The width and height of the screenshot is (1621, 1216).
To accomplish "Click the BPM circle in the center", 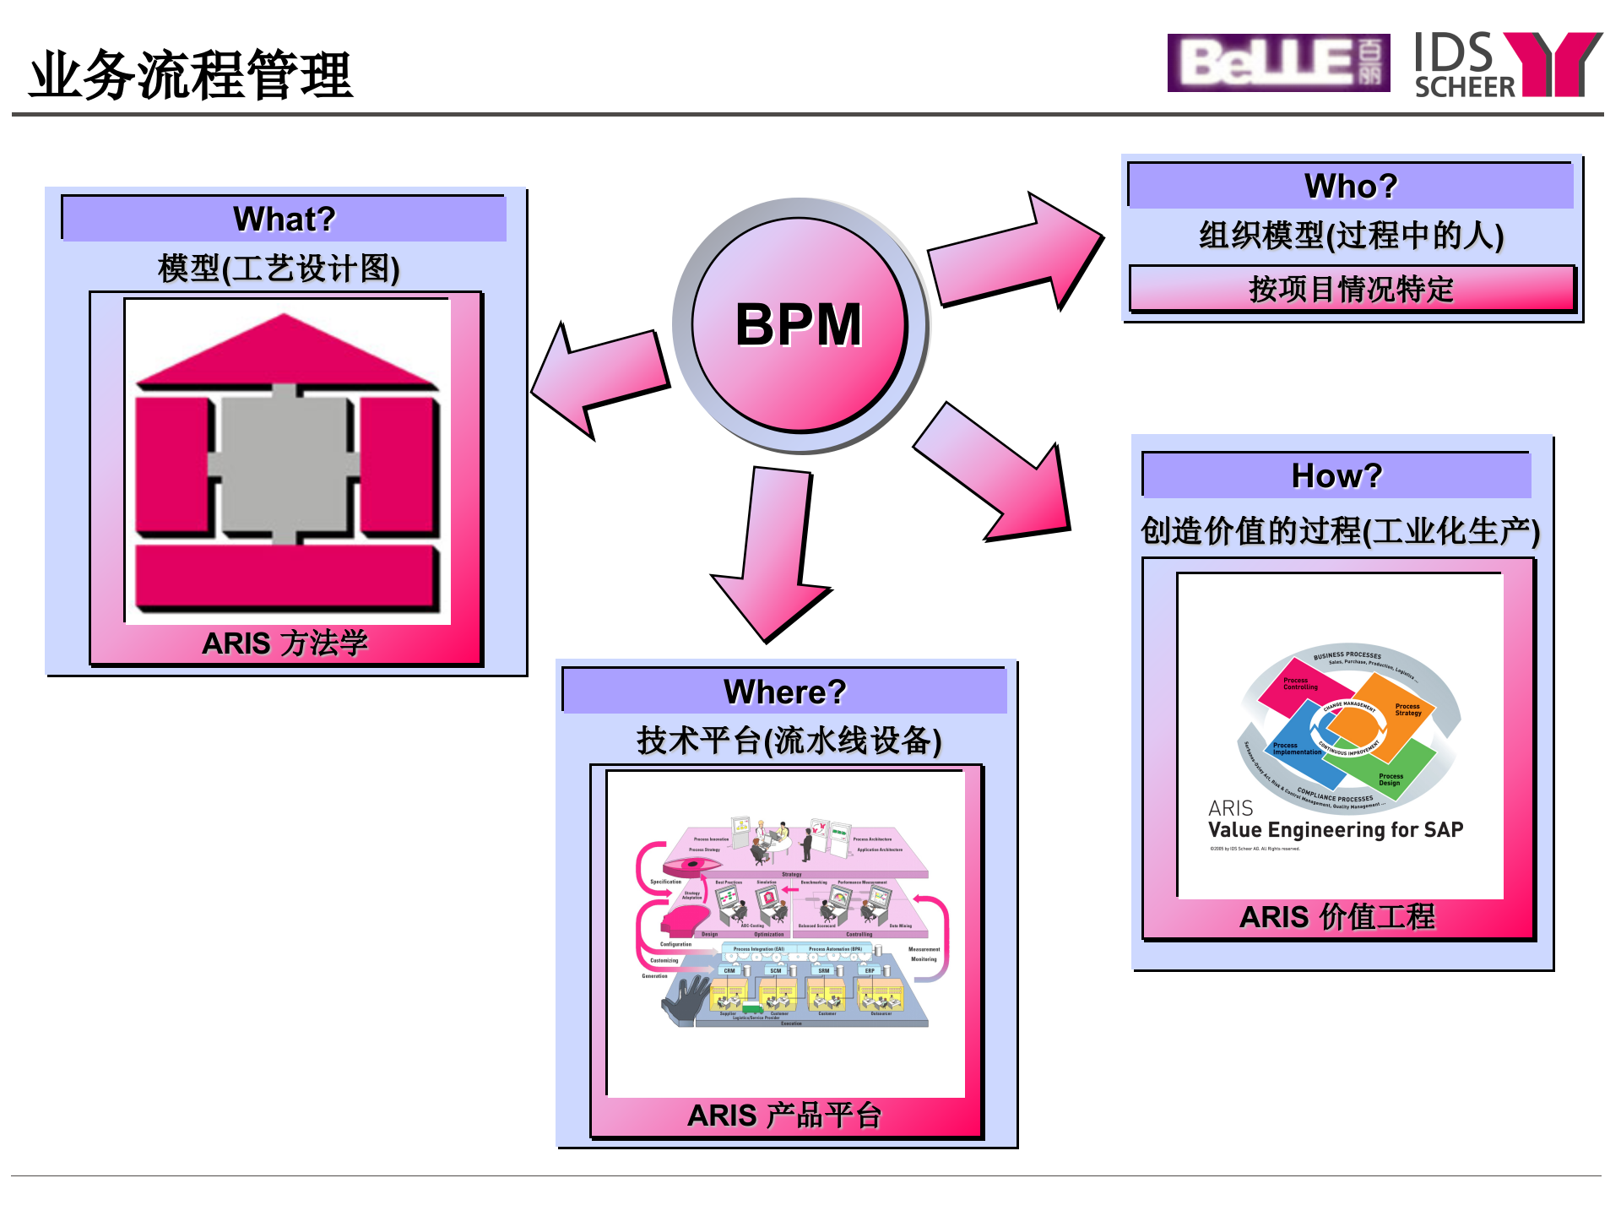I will (x=799, y=325).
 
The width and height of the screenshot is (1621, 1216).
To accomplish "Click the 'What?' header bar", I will (x=284, y=219).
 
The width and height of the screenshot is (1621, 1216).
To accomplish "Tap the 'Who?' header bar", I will (x=1350, y=186).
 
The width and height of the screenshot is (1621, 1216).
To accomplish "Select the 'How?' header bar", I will (x=1336, y=475).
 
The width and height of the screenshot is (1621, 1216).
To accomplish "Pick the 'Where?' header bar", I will (x=784, y=692).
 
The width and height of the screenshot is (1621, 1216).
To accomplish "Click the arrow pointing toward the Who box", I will (x=1013, y=253).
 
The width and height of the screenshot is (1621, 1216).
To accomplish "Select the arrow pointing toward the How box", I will (x=996, y=473).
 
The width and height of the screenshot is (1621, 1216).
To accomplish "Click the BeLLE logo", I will (x=1277, y=63).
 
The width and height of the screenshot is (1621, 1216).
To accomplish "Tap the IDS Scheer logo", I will (x=1507, y=65).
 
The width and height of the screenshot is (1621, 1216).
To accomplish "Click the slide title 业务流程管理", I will (x=191, y=75).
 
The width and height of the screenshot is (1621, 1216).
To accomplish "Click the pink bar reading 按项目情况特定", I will (x=1351, y=289).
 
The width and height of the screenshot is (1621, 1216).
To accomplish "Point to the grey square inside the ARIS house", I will (x=284, y=463).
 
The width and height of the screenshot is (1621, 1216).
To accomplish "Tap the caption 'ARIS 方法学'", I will (x=285, y=643).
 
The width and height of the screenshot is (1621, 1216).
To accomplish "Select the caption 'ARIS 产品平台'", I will (x=784, y=1116).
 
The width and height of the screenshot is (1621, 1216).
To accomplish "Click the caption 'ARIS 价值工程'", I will (x=1336, y=917).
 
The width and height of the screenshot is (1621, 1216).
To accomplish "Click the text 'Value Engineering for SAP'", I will (x=1335, y=830).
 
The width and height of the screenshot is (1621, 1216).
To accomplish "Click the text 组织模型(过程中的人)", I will (x=1351, y=236).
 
